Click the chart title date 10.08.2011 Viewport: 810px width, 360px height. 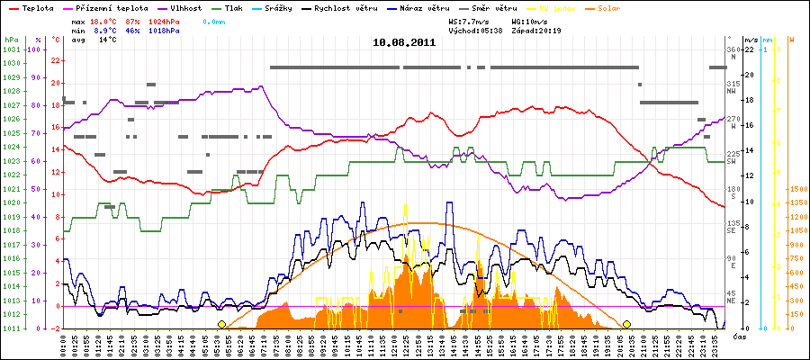[x=405, y=41]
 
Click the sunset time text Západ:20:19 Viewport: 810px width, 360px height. [x=535, y=30]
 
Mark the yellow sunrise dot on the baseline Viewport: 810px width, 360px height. [x=222, y=324]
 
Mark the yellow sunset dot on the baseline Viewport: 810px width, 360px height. [x=626, y=324]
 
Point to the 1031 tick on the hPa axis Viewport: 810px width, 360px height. [x=12, y=49]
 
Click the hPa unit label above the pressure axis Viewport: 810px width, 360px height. [x=10, y=40]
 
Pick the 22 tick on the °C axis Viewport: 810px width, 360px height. [x=56, y=60]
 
